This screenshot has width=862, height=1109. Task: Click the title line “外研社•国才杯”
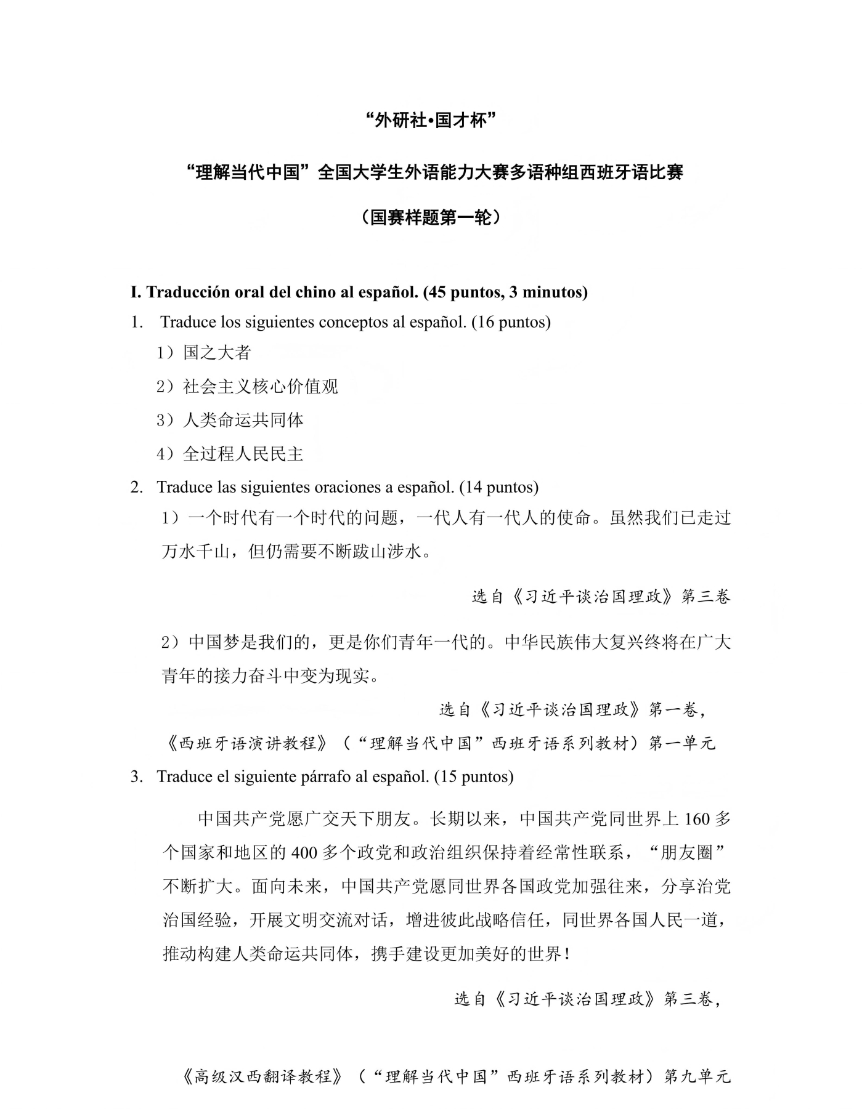tap(431, 121)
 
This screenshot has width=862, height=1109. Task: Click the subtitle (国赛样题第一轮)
tap(431, 217)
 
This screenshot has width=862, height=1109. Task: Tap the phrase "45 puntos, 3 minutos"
tap(505, 292)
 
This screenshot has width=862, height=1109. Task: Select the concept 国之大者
tap(217, 353)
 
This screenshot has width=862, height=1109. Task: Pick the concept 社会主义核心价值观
tap(260, 387)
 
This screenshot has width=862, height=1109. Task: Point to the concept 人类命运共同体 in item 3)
tap(243, 421)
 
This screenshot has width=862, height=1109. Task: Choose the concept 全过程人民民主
tap(243, 454)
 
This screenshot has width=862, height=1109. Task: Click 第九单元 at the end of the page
tap(697, 1076)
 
